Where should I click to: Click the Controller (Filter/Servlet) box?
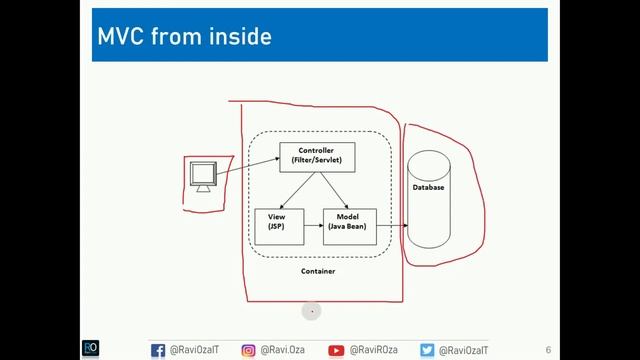click(x=317, y=156)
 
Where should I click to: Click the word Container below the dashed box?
click(x=318, y=271)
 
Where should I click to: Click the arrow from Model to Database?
click(x=392, y=225)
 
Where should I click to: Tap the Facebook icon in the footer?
click(x=158, y=350)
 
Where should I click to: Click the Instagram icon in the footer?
click(x=249, y=350)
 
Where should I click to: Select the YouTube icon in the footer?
click(x=337, y=350)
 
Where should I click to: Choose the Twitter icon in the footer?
click(x=427, y=350)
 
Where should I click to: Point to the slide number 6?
click(x=548, y=349)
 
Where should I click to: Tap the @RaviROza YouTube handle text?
click(x=375, y=350)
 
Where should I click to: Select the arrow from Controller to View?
click(x=296, y=190)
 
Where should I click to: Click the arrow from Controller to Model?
click(x=334, y=190)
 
